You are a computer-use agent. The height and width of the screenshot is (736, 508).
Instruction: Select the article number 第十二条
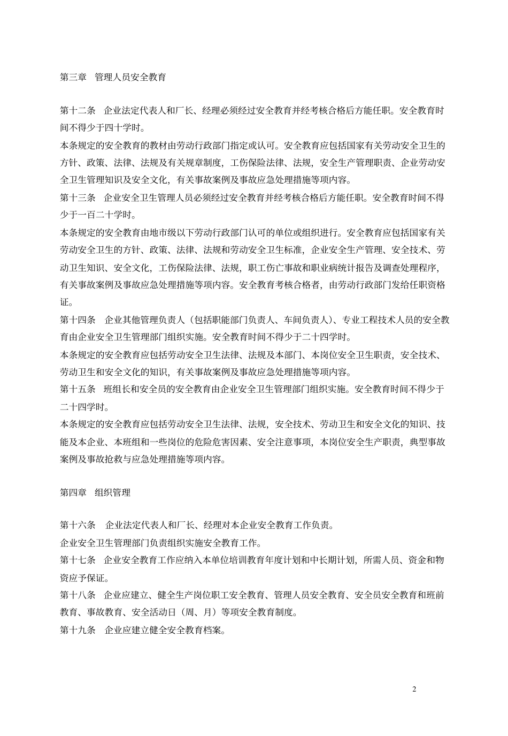78,111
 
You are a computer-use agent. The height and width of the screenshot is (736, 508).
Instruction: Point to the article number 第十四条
78,320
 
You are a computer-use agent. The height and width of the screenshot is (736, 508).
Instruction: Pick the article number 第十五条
78,389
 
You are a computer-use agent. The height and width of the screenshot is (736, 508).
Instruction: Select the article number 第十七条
78,560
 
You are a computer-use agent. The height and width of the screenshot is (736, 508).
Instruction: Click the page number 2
414,689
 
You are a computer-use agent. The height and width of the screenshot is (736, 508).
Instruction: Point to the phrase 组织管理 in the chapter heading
113,492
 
